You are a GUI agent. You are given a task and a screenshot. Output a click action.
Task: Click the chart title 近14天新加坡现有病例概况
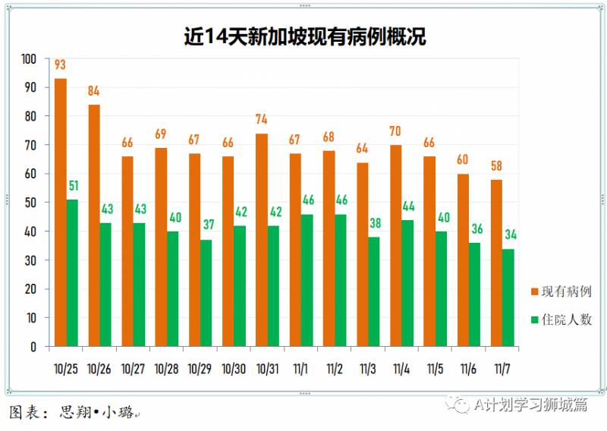point(303,36)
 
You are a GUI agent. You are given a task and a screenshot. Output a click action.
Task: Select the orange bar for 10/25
point(61,212)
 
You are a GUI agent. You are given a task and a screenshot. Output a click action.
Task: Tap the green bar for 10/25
point(73,273)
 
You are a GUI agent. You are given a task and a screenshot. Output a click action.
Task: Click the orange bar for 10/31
point(262,240)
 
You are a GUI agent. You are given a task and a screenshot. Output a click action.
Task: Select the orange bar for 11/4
point(395,246)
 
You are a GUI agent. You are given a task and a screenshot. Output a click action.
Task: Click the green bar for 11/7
point(508,297)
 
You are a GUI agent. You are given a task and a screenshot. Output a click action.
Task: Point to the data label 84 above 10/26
point(94,92)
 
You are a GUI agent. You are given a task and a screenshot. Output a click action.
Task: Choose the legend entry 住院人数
point(561,319)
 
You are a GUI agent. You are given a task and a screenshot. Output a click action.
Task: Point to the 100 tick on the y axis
point(29,59)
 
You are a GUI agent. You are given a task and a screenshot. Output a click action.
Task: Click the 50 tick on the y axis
point(31,203)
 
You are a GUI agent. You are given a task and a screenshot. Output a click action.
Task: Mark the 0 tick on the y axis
point(34,347)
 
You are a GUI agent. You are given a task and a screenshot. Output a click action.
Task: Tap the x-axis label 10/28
point(167,368)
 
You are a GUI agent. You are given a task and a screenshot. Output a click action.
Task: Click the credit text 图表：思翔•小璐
point(71,413)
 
